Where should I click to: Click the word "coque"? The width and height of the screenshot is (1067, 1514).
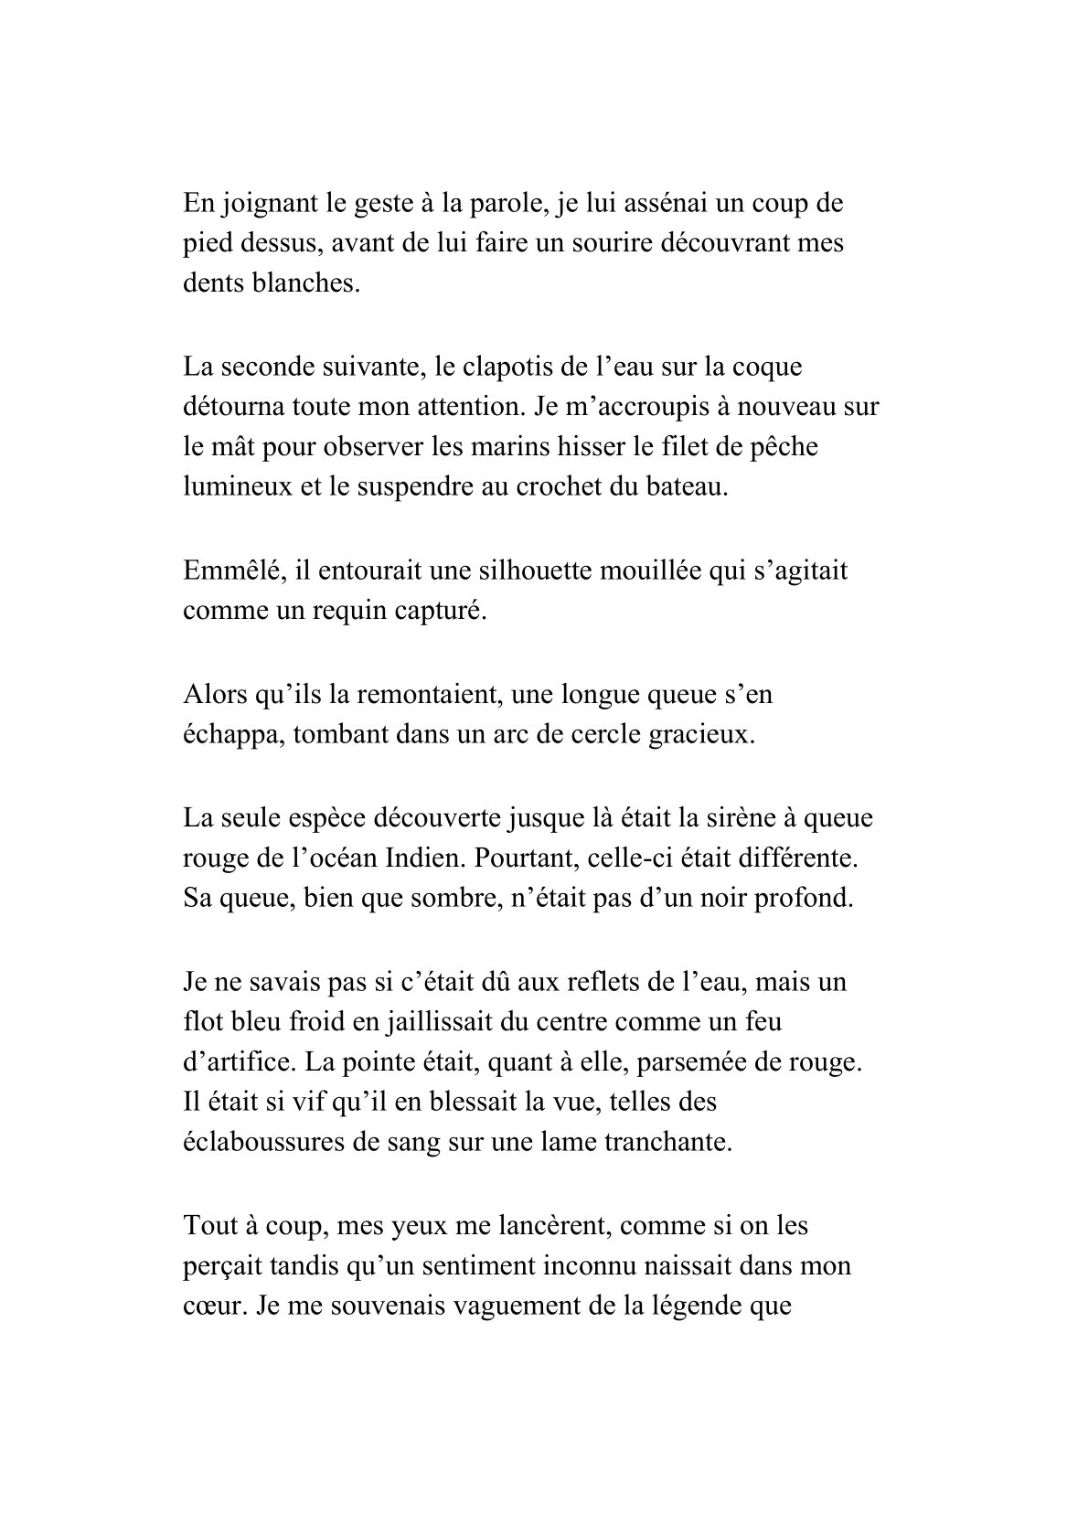767,367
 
